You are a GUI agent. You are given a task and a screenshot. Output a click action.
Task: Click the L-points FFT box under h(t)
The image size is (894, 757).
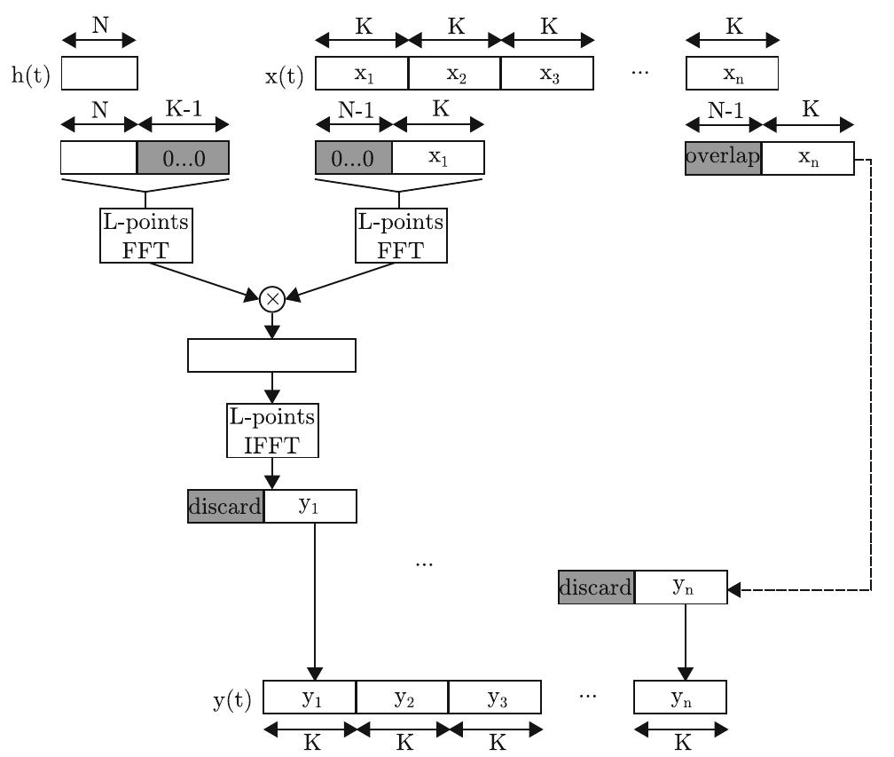click(145, 236)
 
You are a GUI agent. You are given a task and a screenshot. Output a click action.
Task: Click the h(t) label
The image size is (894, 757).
click(30, 75)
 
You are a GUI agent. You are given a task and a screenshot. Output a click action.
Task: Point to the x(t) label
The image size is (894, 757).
click(285, 75)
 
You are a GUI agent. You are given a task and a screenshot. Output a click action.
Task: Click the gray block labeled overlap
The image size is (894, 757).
click(723, 157)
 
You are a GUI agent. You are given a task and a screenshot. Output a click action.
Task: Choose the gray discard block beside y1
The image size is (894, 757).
click(225, 507)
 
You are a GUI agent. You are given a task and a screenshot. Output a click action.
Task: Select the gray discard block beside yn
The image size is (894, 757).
click(596, 587)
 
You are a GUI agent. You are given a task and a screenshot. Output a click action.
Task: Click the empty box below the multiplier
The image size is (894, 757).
click(271, 355)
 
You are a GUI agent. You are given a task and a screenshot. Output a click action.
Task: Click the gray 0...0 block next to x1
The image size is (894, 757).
click(354, 157)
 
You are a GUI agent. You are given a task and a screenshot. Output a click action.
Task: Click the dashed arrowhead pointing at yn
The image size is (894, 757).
click(733, 588)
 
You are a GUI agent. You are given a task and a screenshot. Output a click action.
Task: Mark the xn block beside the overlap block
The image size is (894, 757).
click(807, 157)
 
